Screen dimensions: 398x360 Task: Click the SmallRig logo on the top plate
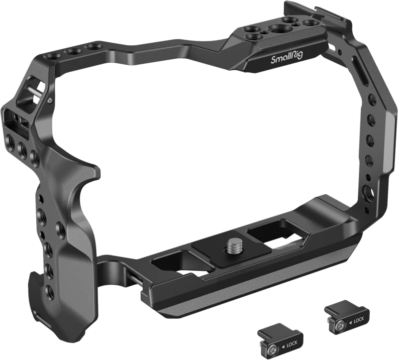[287, 58]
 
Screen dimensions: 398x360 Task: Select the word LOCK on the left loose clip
[292, 345]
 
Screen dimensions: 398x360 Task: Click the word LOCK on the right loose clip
[358, 320]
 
